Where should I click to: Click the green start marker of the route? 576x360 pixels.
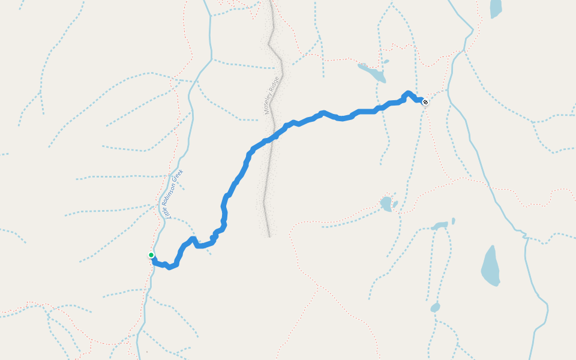(x=151, y=255)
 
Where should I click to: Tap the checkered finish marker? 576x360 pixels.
(x=425, y=102)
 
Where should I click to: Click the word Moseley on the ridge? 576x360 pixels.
(x=269, y=103)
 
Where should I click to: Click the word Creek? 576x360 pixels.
(x=178, y=175)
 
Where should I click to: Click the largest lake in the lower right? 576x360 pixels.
(x=490, y=266)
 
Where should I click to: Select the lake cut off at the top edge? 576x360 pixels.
(x=496, y=8)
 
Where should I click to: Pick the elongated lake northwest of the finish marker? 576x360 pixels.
(x=373, y=73)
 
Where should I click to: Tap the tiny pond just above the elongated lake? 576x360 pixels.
(x=385, y=61)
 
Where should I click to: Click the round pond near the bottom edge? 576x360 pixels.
(x=435, y=308)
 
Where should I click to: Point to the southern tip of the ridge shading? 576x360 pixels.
(x=269, y=235)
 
